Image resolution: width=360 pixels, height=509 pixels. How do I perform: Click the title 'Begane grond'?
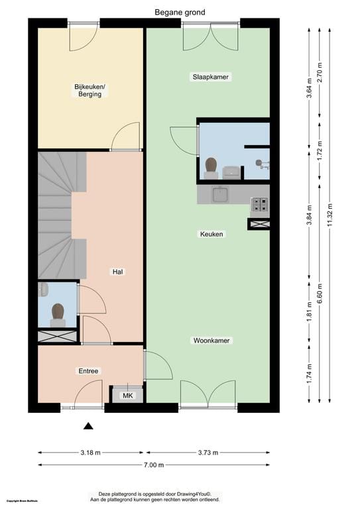click(180, 12)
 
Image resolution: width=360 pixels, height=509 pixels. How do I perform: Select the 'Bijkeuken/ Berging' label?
click(88, 91)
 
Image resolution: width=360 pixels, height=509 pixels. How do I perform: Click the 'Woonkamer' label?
click(211, 341)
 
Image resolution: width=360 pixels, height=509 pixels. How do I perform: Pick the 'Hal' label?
click(118, 272)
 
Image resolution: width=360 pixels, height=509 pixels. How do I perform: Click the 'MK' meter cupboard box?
click(126, 396)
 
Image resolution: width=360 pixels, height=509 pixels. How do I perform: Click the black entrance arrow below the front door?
click(88, 426)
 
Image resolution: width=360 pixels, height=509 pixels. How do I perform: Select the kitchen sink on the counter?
click(219, 194)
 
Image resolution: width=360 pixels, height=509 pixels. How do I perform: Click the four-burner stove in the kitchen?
click(259, 205)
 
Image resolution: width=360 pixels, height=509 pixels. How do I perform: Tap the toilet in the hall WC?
click(58, 313)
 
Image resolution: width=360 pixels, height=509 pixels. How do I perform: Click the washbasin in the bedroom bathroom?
click(231, 172)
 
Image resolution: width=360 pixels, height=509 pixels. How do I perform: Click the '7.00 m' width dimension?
click(153, 465)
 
